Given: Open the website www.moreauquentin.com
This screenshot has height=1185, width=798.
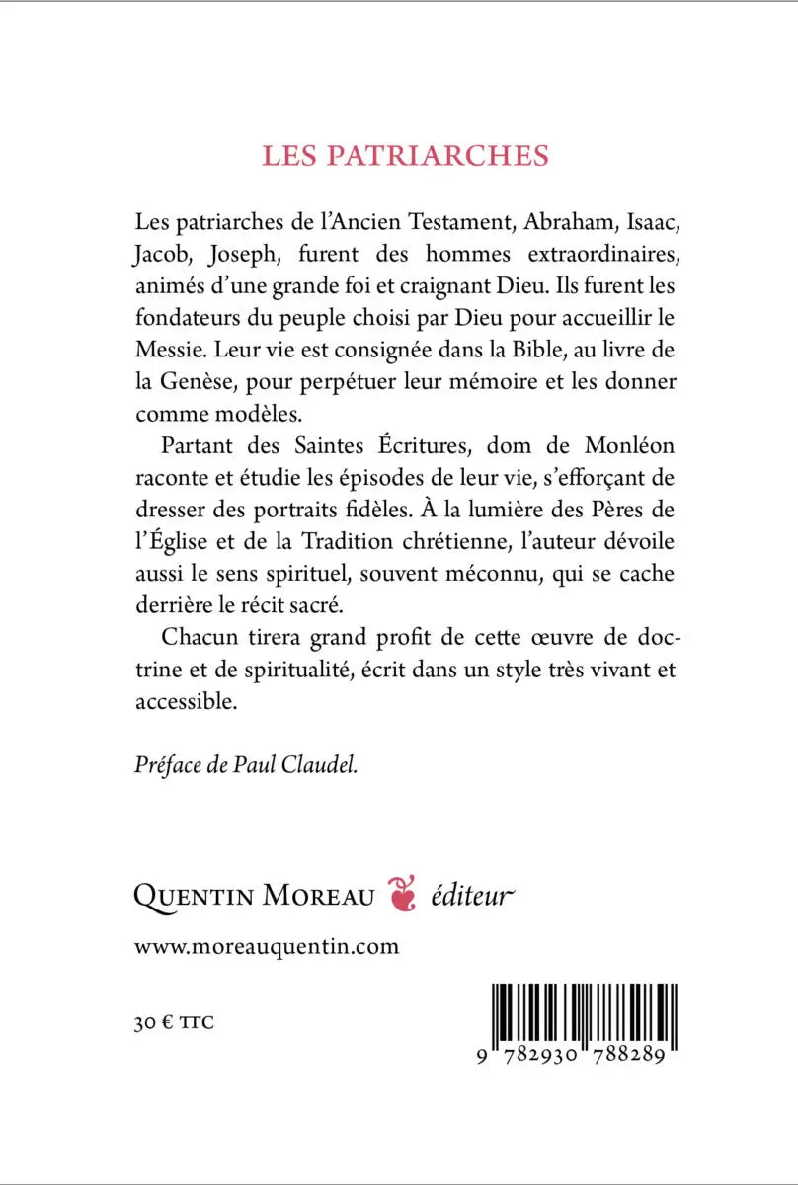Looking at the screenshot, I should tap(267, 947).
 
